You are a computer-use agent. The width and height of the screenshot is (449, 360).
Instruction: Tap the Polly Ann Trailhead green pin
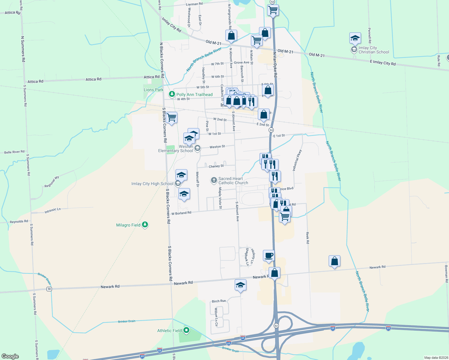pyautogui.click(x=172, y=94)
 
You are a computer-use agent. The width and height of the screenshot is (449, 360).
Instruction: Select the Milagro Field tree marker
pyautogui.click(x=145, y=225)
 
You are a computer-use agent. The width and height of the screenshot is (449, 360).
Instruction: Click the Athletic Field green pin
pyautogui.click(x=186, y=331)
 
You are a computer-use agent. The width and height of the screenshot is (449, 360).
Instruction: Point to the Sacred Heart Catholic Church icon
pyautogui.click(x=214, y=180)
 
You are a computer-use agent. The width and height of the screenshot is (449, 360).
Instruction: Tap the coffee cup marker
pyautogui.click(x=269, y=256)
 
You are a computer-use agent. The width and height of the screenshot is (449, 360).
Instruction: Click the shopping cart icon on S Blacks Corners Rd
pyautogui.click(x=171, y=118)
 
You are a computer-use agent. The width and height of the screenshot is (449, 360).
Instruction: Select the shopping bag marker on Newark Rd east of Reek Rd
pyautogui.click(x=334, y=261)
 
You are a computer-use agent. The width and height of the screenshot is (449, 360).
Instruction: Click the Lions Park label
pyautogui.click(x=153, y=90)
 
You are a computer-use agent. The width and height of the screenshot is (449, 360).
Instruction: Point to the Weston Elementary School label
pyautogui.click(x=176, y=148)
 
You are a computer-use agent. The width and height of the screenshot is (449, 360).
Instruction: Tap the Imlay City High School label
pyautogui.click(x=152, y=184)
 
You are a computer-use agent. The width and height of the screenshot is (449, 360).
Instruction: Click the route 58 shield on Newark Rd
pyautogui.click(x=49, y=289)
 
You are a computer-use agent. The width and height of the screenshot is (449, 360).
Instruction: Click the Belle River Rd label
pyautogui.click(x=14, y=152)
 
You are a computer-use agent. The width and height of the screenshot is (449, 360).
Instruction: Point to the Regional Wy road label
pyautogui.click(x=52, y=182)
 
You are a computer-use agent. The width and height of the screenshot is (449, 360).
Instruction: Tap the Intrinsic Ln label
pyautogui.click(x=53, y=211)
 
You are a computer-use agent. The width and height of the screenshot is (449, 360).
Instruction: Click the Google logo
pyautogui.click(x=10, y=356)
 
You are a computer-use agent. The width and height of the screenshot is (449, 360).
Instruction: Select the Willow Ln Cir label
pyautogui.click(x=216, y=317)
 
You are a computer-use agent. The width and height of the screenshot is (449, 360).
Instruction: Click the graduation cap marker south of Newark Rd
pyautogui.click(x=240, y=285)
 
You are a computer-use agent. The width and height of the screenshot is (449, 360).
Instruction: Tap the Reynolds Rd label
pyautogui.click(x=19, y=222)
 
